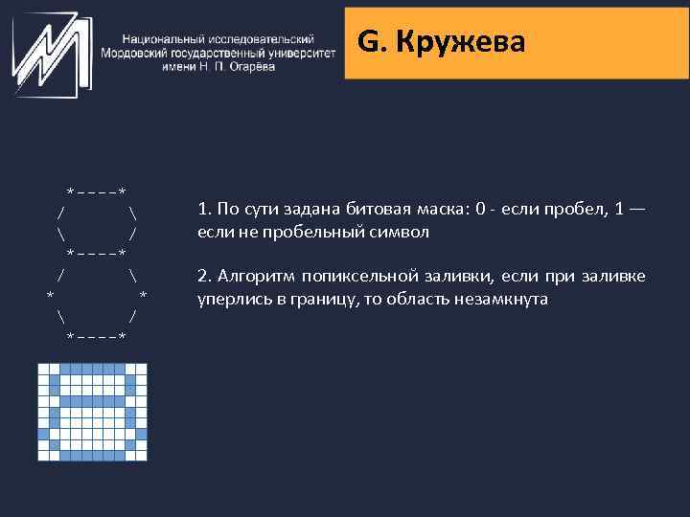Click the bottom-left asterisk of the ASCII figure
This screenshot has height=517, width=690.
point(70,338)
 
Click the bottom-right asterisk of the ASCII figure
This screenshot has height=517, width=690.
point(123,338)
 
